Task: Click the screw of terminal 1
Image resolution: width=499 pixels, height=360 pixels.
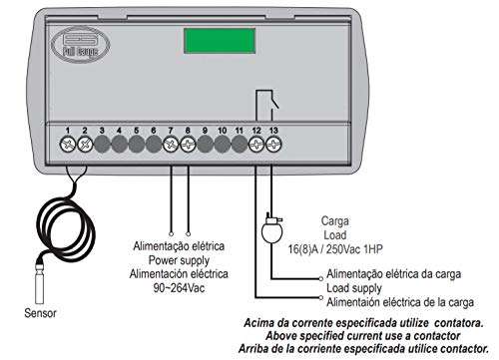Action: (68, 144)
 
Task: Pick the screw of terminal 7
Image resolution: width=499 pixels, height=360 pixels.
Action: (171, 144)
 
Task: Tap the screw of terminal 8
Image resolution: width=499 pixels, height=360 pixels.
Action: (188, 144)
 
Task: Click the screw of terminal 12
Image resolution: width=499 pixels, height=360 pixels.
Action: (256, 144)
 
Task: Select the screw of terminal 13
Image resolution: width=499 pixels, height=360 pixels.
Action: (273, 144)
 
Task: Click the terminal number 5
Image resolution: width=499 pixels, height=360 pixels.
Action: (136, 130)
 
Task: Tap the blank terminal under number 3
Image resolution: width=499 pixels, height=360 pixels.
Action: (102, 144)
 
